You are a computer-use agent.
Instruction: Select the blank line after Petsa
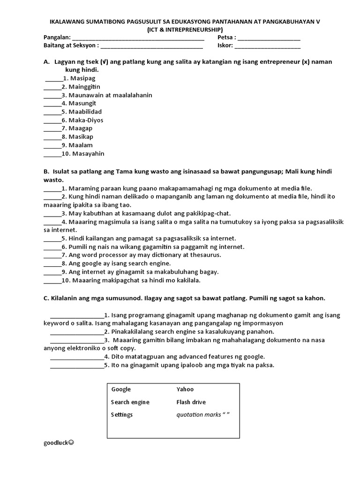tap(269, 38)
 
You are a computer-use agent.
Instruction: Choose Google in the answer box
tap(121, 390)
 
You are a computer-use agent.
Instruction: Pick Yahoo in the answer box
tap(185, 390)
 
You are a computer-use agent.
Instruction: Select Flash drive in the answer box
tap(191, 402)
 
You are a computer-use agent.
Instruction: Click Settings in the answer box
tap(122, 415)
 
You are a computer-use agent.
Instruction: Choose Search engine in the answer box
tap(130, 402)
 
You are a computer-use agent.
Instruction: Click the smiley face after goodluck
tap(71, 442)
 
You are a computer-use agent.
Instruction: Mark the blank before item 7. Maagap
tap(52, 129)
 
